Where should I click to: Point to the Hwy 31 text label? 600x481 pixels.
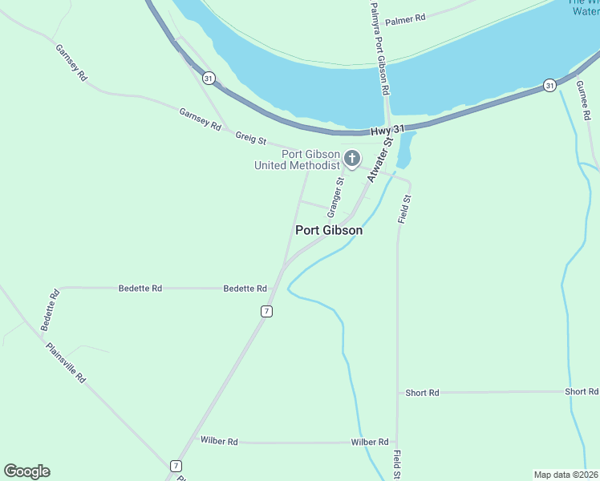388,131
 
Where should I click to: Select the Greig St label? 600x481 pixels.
250,138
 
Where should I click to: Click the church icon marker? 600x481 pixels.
351,160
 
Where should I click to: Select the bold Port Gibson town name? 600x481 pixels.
329,230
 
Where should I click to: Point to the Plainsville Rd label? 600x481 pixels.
66,363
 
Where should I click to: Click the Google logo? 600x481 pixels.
26,471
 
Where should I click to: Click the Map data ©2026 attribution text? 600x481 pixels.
566,475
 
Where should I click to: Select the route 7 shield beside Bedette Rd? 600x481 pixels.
266,311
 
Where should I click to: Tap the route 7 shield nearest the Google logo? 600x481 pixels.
176,466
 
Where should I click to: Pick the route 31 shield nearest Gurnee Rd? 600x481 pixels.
549,85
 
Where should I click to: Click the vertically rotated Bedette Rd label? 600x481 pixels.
50,310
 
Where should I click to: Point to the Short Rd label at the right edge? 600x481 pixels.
581,391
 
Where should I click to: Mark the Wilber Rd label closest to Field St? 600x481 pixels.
369,442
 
